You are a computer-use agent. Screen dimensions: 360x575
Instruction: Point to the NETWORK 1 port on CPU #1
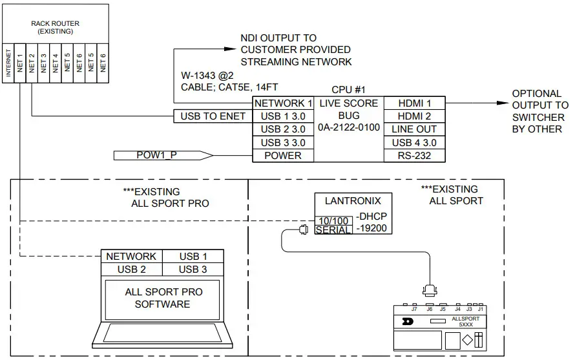coord(283,103)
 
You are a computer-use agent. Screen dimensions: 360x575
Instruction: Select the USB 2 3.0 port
coord(283,129)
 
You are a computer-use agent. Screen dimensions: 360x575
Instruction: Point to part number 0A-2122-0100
coord(349,129)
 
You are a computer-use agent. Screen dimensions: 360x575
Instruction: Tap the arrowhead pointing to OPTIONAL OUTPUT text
coord(501,103)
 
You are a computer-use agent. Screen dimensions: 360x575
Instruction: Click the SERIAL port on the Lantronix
coord(333,229)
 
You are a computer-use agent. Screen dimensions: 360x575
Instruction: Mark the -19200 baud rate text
coord(373,228)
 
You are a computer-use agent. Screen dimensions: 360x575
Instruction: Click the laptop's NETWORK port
coord(131,257)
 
